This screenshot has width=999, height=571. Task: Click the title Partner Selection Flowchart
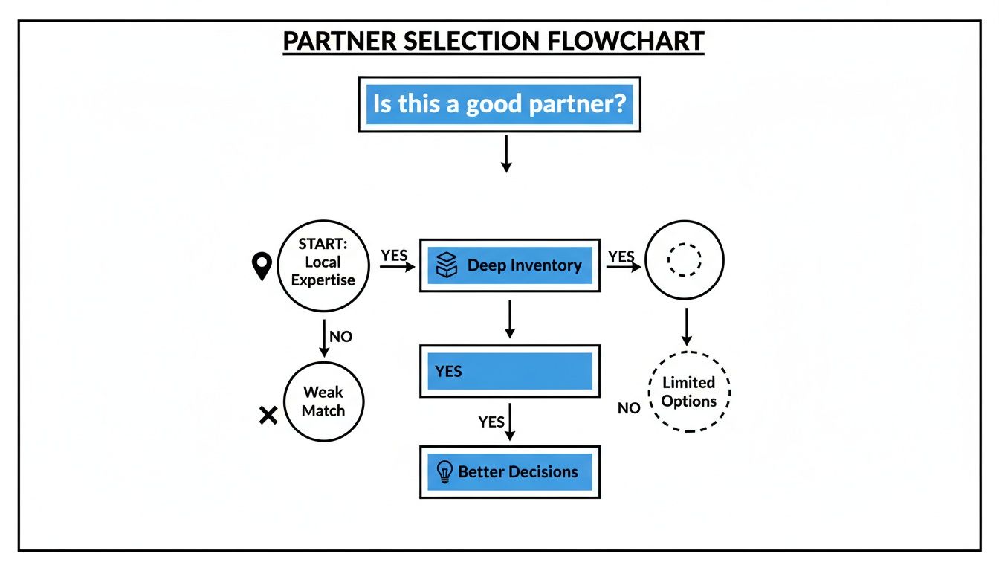click(x=494, y=42)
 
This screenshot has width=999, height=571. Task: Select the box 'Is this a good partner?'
click(x=499, y=104)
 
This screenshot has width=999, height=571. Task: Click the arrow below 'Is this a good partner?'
click(x=505, y=154)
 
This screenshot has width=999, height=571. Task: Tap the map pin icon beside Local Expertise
click(x=262, y=266)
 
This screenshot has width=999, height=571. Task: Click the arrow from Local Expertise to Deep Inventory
click(x=397, y=265)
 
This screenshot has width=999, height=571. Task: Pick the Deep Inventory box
click(x=510, y=265)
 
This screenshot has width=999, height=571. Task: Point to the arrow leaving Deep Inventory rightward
click(x=623, y=265)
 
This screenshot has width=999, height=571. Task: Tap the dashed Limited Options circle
click(x=688, y=392)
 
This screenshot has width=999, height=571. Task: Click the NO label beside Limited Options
click(x=629, y=408)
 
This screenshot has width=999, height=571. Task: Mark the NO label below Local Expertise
click(x=340, y=337)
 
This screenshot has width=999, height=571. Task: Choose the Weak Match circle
click(x=323, y=401)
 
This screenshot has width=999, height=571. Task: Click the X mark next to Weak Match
click(x=268, y=416)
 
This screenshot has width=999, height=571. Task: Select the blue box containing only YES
click(x=510, y=371)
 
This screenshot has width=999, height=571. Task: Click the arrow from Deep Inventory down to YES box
click(x=509, y=320)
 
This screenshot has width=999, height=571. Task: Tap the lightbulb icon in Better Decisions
click(x=444, y=471)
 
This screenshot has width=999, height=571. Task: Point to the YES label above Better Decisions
click(x=491, y=422)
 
